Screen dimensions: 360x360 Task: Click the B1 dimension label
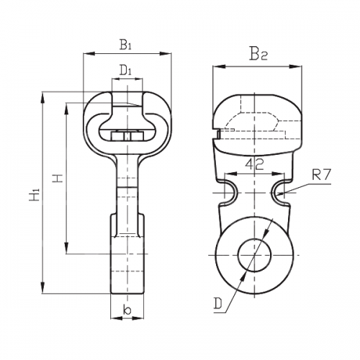pyautogui.click(x=126, y=45)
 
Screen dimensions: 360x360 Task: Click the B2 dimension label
pyautogui.click(x=258, y=53)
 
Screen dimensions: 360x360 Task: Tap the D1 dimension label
pyautogui.click(x=126, y=71)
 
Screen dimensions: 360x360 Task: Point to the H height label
pyautogui.click(x=58, y=178)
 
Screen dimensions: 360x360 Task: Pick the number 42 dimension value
pyautogui.click(x=254, y=164)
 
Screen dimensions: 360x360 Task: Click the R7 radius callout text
pyautogui.click(x=321, y=174)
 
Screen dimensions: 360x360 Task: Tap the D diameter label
pyautogui.click(x=218, y=304)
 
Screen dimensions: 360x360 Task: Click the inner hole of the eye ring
pyautogui.click(x=254, y=255)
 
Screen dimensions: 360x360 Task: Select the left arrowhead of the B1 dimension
pyautogui.click(x=89, y=53)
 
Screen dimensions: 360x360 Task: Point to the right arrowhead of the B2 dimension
pyautogui.click(x=296, y=66)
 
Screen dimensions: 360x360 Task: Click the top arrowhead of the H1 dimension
pyautogui.click(x=43, y=98)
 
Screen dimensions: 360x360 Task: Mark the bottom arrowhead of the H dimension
pyautogui.click(x=66, y=248)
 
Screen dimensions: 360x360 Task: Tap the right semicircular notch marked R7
pyautogui.click(x=278, y=193)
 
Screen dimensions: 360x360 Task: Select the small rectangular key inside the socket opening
pyautogui.click(x=127, y=136)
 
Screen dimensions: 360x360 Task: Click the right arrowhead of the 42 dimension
pyautogui.click(x=279, y=174)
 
